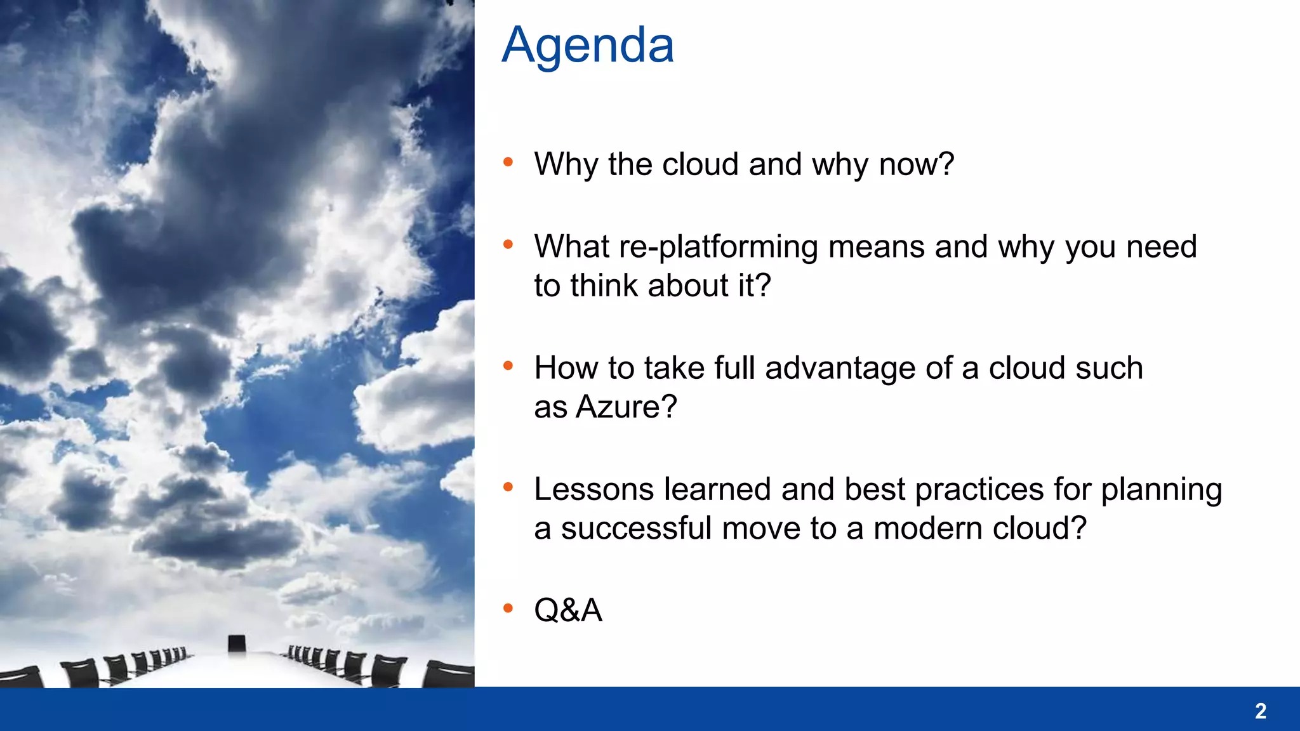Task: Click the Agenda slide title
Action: pyautogui.click(x=588, y=46)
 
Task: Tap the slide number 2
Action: pyautogui.click(x=1260, y=711)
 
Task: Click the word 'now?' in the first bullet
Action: pyautogui.click(x=916, y=164)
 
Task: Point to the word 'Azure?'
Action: pyautogui.click(x=626, y=407)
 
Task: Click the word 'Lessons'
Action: pyautogui.click(x=594, y=489)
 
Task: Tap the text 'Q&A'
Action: pyautogui.click(x=567, y=610)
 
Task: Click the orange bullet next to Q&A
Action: pyautogui.click(x=508, y=609)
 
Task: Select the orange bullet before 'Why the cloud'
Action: pyautogui.click(x=508, y=162)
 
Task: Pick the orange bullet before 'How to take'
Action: pyautogui.click(x=508, y=365)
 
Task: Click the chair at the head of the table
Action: pyautogui.click(x=237, y=643)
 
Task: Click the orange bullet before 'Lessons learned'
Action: pyautogui.click(x=508, y=487)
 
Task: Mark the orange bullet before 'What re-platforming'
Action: pyautogui.click(x=508, y=244)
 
